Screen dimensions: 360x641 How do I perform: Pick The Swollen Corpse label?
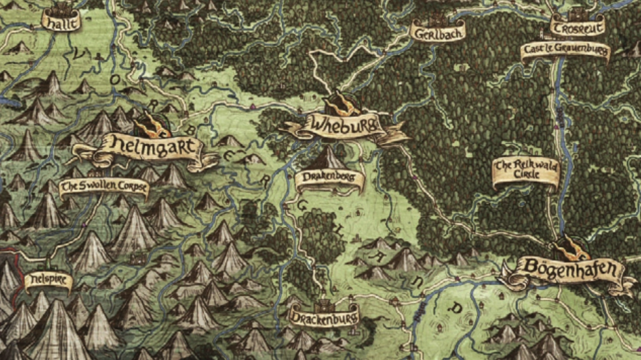click(x=104, y=189)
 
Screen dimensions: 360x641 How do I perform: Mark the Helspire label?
click(x=47, y=280)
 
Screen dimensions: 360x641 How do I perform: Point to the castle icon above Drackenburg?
click(x=322, y=303)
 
